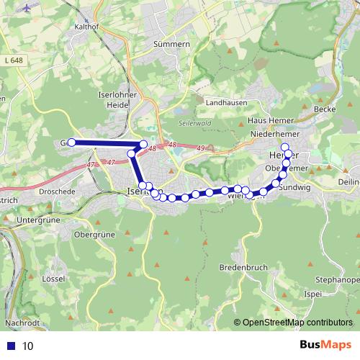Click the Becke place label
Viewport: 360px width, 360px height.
click(325, 109)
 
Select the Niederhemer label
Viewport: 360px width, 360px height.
click(270, 135)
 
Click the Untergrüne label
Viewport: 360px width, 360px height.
click(36, 218)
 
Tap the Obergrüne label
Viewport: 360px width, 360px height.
click(94, 235)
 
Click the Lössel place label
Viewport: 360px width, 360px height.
click(55, 277)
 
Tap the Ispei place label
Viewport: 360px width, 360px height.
click(313, 294)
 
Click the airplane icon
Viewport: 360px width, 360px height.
click(28, 7)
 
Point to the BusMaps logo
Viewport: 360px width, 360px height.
click(323, 346)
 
